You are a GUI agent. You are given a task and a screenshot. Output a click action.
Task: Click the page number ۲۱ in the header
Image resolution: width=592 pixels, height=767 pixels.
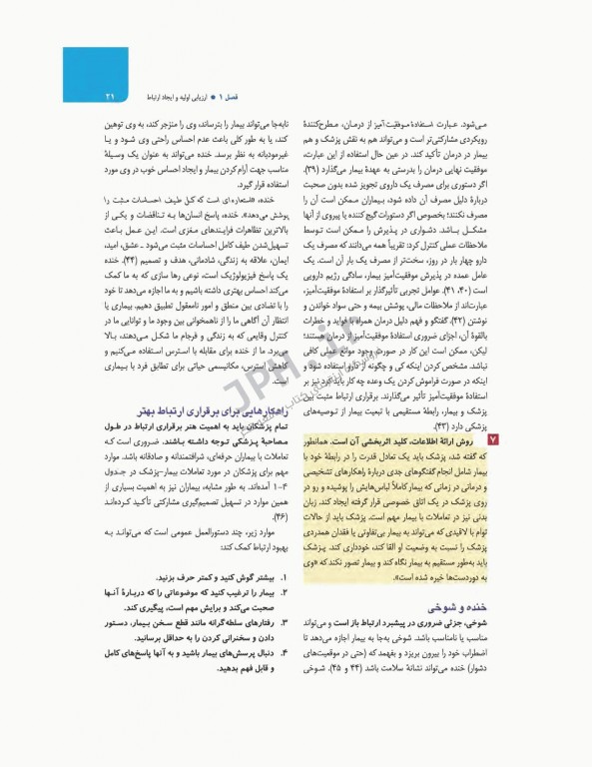[x=109, y=96]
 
